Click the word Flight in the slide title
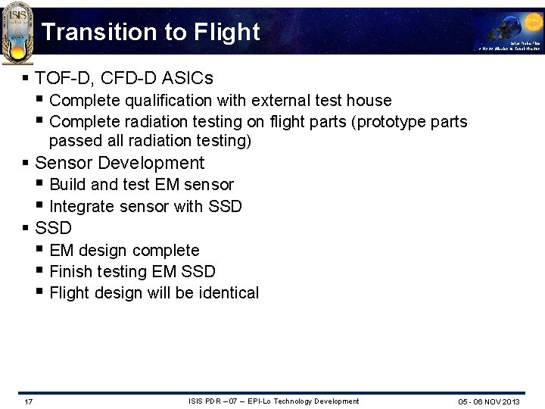pos(226,32)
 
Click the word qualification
pos(161,100)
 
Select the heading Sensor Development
pos(120,163)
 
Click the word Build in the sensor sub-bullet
pos(67,185)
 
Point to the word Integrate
pos(81,206)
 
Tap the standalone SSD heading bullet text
pos(53,228)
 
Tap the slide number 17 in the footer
pos(28,401)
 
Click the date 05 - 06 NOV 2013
pos(489,401)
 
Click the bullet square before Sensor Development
pos(26,163)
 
